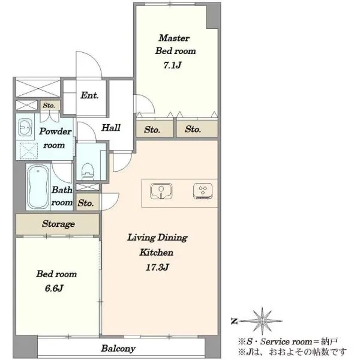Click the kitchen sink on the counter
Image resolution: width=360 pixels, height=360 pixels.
pyautogui.click(x=161, y=191)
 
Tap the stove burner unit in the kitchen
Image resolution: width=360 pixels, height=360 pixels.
pyautogui.click(x=203, y=191)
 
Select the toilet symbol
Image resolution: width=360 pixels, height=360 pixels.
pyautogui.click(x=88, y=171)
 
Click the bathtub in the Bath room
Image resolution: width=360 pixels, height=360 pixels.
pyautogui.click(x=38, y=187)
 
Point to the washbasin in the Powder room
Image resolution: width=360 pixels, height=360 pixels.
pyautogui.click(x=25, y=127)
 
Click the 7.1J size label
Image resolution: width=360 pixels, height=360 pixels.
pyautogui.click(x=172, y=65)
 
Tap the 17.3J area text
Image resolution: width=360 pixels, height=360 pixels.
pyautogui.click(x=157, y=268)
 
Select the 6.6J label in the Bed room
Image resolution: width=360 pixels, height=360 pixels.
pyautogui.click(x=54, y=289)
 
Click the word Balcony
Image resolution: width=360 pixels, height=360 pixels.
pyautogui.click(x=118, y=349)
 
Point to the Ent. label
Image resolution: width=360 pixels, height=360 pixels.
pyautogui.click(x=89, y=95)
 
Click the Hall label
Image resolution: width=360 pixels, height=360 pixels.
pyautogui.click(x=111, y=128)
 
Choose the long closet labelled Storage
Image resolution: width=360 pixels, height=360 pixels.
pyautogui.click(x=58, y=224)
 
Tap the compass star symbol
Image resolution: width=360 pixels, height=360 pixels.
pyautogui.click(x=262, y=321)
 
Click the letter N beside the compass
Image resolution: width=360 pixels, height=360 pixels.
pyautogui.click(x=234, y=321)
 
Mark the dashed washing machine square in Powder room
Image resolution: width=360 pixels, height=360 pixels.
pyautogui.click(x=29, y=151)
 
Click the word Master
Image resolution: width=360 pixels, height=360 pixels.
pyautogui.click(x=174, y=38)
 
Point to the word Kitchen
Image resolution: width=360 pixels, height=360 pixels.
pyautogui.click(x=157, y=253)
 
